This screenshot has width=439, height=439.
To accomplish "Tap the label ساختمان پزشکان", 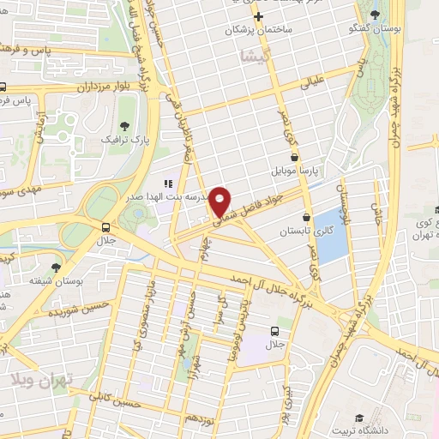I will pos(258,30).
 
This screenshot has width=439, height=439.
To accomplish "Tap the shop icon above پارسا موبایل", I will pos(295,157).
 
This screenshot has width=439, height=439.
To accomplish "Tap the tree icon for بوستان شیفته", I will pos(57,268).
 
